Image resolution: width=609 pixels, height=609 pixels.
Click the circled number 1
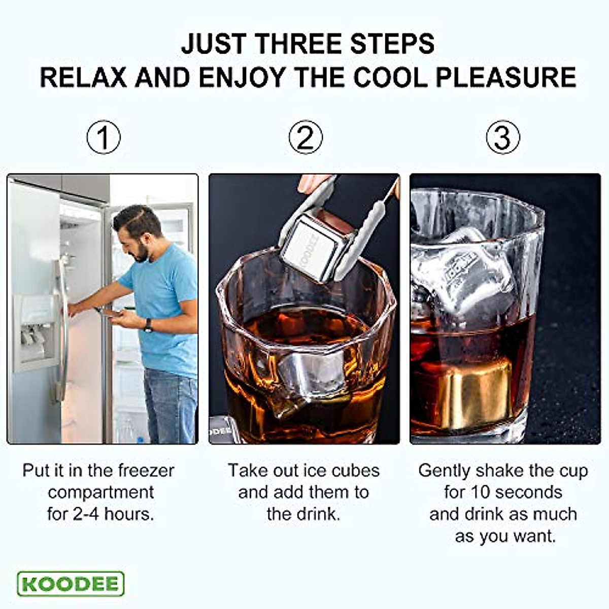click(x=103, y=137)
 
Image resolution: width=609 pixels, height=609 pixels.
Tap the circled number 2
click(x=305, y=137)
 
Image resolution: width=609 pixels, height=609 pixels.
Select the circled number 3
click(x=502, y=137)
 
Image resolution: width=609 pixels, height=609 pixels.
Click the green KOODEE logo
click(x=71, y=584)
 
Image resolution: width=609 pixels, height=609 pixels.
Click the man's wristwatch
click(x=148, y=325)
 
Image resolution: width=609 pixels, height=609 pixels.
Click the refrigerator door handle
click(x=62, y=325)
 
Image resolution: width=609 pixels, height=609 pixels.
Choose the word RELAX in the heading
click(x=83, y=78)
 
